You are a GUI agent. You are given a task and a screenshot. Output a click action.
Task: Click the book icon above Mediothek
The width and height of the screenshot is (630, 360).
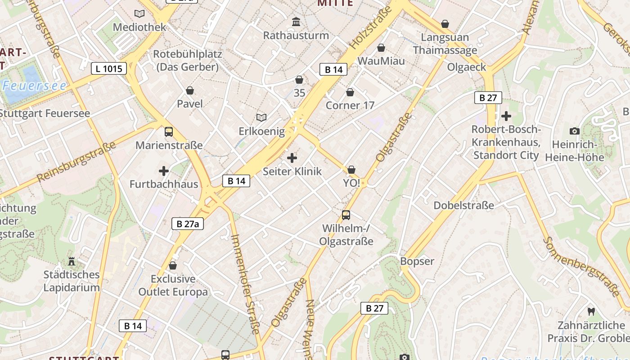tap(139, 13)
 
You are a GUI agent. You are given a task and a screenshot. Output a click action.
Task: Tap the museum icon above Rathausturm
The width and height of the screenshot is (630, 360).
tap(296, 22)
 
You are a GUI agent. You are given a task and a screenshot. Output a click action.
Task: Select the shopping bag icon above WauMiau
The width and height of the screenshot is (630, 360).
tap(381, 47)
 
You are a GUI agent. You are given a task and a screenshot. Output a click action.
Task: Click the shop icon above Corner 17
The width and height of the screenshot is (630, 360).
tap(350, 92)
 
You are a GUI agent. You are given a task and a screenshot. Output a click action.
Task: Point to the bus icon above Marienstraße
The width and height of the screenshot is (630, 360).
tap(169, 132)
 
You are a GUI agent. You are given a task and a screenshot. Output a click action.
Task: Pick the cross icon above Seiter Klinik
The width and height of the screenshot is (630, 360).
tap(292, 158)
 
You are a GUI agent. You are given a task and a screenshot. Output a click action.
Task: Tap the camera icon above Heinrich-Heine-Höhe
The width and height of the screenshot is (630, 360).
tap(574, 131)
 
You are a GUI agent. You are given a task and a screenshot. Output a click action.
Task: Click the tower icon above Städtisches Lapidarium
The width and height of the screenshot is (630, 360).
tap(71, 261)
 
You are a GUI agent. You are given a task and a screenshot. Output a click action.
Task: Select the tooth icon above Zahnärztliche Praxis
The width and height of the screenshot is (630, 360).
tap(591, 311)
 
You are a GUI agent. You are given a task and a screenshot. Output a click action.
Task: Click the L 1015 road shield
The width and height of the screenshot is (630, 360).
tap(109, 68)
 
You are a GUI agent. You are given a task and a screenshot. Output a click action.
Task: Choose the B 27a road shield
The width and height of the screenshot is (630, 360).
tap(188, 224)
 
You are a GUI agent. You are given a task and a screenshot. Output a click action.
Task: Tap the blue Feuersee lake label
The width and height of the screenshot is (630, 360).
tap(34, 85)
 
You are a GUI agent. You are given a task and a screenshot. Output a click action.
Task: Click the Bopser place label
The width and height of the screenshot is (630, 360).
tap(417, 261)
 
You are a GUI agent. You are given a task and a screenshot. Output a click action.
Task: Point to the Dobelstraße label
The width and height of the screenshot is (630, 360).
tap(463, 206)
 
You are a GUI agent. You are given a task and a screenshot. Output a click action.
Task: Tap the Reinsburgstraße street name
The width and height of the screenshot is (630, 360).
tap(76, 161)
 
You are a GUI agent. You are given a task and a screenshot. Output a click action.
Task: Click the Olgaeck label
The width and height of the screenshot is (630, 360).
tap(467, 67)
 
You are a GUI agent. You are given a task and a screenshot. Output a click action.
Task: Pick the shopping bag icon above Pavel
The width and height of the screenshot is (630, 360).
tap(190, 90)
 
